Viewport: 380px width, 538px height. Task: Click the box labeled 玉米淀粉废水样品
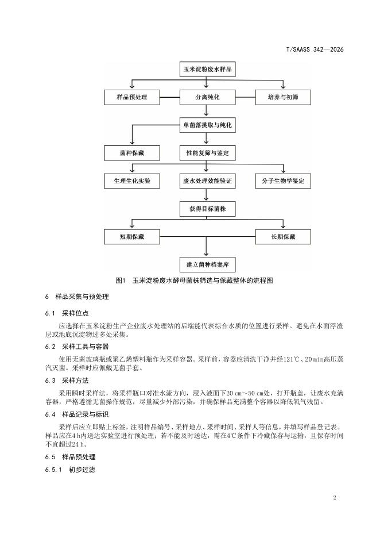207,70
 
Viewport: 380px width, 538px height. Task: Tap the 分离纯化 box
207,97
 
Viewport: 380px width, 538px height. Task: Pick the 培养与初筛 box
283,97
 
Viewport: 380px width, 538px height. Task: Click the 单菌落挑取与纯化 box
207,125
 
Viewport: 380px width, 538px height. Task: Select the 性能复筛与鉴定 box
207,153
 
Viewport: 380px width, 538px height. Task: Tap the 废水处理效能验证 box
207,180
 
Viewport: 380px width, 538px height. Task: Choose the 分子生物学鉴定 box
283,180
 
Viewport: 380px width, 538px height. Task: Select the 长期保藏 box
283,236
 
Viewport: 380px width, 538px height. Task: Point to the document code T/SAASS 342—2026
315,50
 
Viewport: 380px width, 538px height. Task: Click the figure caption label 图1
121,280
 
